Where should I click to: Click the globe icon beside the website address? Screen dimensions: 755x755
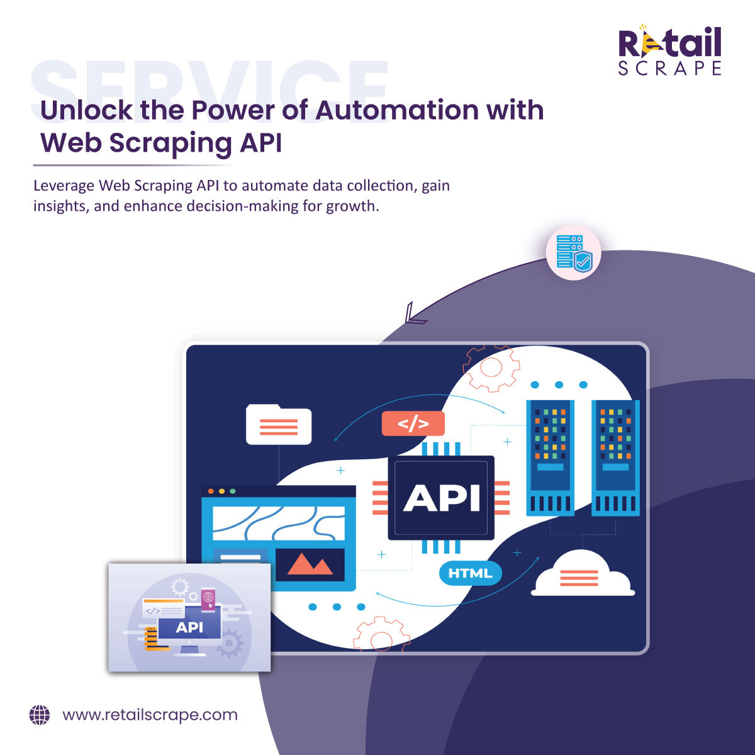40,715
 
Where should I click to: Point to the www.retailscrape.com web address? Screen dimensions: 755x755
150,715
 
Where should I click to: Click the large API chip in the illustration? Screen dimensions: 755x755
441,498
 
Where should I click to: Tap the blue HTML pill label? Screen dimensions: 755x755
470,573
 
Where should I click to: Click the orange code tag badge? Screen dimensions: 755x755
413,424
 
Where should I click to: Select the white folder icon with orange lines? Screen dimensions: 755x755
279,425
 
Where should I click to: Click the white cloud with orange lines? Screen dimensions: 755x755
582,574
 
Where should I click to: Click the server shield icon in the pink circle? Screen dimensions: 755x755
573,254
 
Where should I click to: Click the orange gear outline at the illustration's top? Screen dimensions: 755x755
491,367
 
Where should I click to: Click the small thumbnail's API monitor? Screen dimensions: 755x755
189,627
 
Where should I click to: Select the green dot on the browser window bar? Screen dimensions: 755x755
233,491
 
